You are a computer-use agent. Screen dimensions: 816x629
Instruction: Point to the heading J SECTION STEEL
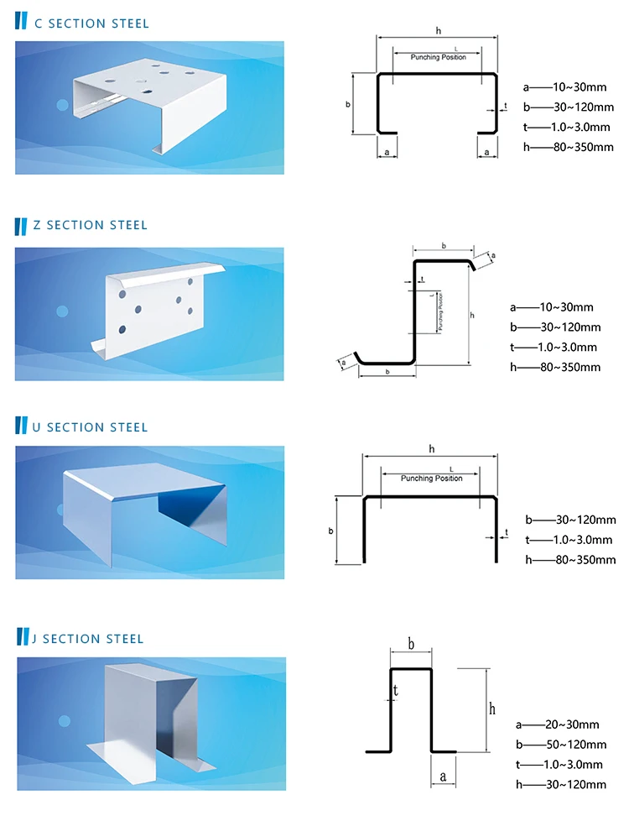(87, 639)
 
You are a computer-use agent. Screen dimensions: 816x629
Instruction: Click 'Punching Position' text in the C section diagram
(437, 57)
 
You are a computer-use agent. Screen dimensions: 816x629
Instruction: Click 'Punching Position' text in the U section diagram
(431, 478)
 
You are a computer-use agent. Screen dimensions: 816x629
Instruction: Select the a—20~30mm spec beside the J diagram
(557, 724)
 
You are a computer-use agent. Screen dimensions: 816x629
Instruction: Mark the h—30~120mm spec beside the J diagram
(559, 784)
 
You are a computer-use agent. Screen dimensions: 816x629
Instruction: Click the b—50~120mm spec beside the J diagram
(560, 744)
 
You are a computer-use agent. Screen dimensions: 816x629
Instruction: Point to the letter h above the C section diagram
(438, 30)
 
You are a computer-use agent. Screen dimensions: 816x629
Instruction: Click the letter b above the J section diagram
(411, 644)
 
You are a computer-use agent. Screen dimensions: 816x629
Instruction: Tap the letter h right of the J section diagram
(491, 709)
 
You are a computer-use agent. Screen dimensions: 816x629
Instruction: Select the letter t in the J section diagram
(395, 690)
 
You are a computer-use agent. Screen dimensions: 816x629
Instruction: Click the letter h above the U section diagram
(431, 449)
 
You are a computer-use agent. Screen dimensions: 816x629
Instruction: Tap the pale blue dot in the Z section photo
(62, 311)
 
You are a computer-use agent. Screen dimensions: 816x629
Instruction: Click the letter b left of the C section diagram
(347, 104)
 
